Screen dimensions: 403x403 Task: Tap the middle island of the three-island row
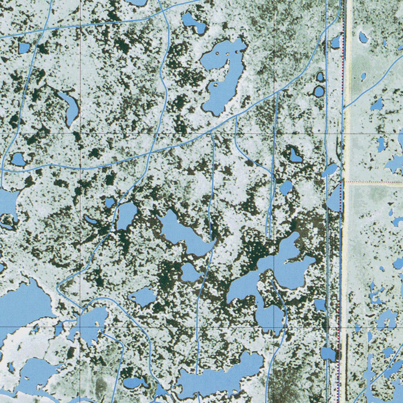coord(227,53)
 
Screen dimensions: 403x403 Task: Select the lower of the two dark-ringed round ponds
coord(319,92)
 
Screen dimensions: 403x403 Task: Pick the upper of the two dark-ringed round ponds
coord(320,76)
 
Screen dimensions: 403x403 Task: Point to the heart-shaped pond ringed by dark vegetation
coord(295,156)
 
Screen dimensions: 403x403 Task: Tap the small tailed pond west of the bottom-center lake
coord(134,382)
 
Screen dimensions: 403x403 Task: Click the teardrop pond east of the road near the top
coord(363,38)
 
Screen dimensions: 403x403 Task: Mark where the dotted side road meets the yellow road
coord(346,182)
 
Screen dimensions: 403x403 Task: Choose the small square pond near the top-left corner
coord(24,48)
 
